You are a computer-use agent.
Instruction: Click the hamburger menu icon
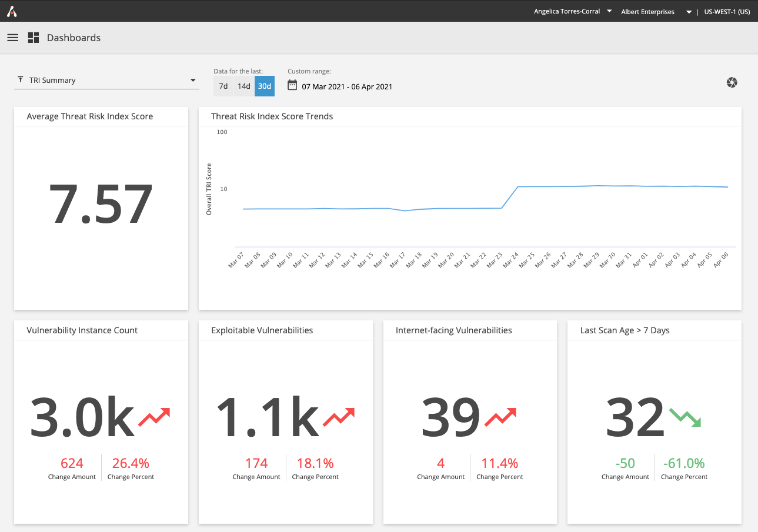click(x=12, y=38)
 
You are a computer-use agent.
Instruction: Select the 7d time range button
click(x=223, y=86)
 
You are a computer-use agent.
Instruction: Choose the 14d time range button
click(x=244, y=86)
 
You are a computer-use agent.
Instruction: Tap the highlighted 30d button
click(x=265, y=86)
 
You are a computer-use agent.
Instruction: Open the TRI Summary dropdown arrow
click(x=193, y=81)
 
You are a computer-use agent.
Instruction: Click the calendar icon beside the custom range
click(x=292, y=85)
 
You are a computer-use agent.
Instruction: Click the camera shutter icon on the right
click(x=732, y=82)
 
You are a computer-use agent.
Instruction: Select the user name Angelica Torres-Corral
click(x=566, y=11)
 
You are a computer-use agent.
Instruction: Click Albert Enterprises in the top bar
click(x=647, y=12)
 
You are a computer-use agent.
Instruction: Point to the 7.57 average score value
click(x=101, y=205)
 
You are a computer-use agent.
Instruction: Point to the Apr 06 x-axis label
click(x=721, y=259)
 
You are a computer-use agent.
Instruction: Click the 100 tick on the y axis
click(x=222, y=132)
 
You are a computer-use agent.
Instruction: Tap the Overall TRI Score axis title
click(x=209, y=189)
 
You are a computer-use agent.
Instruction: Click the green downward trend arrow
click(x=685, y=417)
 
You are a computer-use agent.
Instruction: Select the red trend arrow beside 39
click(x=500, y=417)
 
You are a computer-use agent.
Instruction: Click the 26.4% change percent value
click(x=131, y=463)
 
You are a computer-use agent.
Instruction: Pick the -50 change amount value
click(x=625, y=463)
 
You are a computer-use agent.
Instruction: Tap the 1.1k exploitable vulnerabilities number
click(x=267, y=417)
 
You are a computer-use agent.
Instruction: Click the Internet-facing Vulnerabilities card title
click(x=453, y=330)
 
